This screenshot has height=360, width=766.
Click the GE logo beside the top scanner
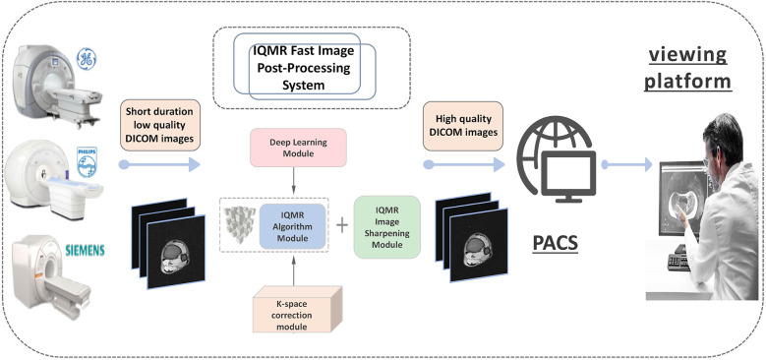[x=87, y=59]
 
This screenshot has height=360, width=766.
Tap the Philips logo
[x=87, y=161]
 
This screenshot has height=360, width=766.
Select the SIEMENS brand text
[x=85, y=251]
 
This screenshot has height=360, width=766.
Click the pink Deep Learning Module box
[x=298, y=148]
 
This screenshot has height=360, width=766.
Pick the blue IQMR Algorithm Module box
[x=292, y=226]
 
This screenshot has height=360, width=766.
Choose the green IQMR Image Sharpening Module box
[x=386, y=226]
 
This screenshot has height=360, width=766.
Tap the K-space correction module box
[x=298, y=310]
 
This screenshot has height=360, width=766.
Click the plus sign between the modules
[x=343, y=225]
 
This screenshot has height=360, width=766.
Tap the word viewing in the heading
[x=687, y=55]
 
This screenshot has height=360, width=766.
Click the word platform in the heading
[x=688, y=81]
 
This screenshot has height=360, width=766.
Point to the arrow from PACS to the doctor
[x=626, y=164]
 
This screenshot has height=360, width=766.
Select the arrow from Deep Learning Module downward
[x=294, y=180]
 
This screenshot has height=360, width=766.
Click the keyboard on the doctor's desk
[x=678, y=262]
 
